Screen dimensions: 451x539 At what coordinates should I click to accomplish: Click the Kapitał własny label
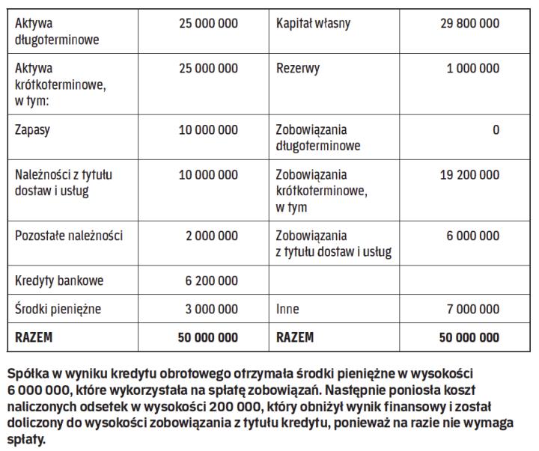312,24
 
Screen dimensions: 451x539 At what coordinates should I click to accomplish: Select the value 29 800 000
469,24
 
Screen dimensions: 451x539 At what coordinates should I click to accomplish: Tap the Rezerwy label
297,69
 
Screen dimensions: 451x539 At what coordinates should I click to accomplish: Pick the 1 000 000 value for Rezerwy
472,69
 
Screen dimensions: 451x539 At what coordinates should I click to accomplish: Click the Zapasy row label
33,130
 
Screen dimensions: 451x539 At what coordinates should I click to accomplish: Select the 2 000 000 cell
212,236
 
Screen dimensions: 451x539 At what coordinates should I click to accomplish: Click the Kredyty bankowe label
59,281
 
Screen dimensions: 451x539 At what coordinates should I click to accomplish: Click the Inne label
287,308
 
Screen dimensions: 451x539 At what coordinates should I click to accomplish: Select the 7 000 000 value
472,308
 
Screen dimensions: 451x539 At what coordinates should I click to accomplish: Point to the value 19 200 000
469,175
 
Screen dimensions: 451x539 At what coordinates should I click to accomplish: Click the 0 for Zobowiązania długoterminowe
496,130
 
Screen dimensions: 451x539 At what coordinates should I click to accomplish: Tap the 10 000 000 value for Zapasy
208,130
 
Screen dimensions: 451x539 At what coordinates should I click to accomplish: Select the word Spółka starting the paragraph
25,372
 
